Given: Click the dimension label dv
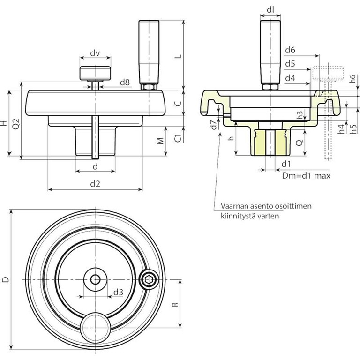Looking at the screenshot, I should point(96,53).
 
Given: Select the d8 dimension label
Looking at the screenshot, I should point(124,82).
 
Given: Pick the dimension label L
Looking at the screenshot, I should point(177,56).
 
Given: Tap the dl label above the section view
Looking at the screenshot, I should point(270,9).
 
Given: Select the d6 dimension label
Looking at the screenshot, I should point(290,50).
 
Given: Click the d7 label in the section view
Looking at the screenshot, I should point(213,125).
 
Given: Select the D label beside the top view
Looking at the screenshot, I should point(5,280).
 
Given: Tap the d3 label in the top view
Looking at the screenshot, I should point(118,292).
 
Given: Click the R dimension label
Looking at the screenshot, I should point(175,304).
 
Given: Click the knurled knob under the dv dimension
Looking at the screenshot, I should point(96,72).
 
